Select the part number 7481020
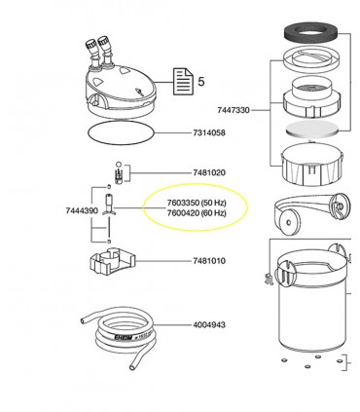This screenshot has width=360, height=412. coord(205,172)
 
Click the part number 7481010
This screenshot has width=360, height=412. coord(205,260)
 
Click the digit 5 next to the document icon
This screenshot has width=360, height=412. coord(201,82)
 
